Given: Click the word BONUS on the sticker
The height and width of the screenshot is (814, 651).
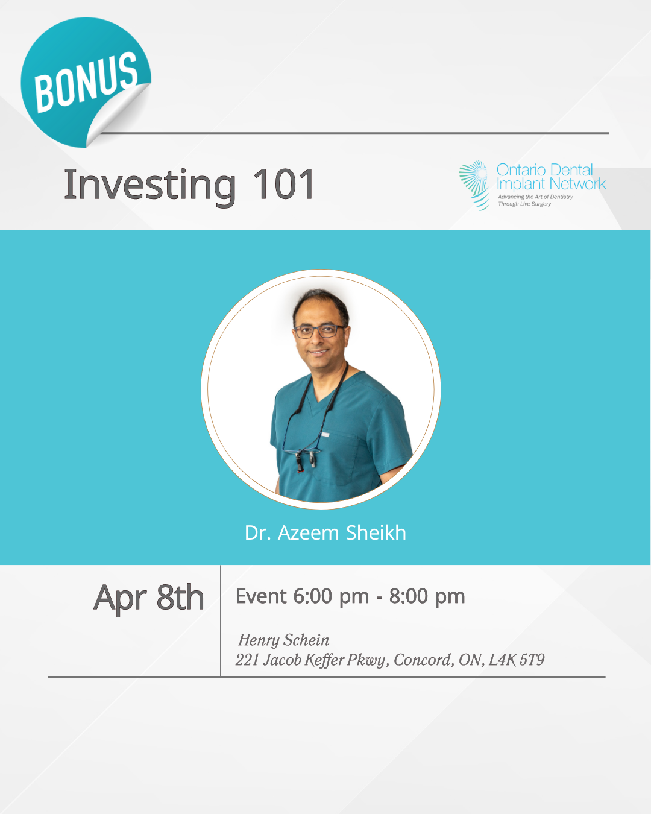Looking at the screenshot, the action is pos(86,82).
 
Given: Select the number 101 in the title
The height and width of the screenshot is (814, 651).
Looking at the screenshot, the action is pos(283,185).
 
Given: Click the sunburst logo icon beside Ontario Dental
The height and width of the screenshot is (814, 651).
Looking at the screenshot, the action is pos(474,185).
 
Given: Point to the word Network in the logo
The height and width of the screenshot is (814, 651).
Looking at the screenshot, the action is pos(578,185).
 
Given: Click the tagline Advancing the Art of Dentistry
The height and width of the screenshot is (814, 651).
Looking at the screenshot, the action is pos(535,197).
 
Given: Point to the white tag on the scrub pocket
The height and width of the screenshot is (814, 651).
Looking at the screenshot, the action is pos(325,435).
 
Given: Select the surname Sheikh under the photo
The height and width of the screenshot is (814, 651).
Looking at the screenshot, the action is pos(376,532).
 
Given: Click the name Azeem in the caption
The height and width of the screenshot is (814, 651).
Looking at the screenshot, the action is pos(308,533).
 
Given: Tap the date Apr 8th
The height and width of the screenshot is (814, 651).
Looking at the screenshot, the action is pos(149,598).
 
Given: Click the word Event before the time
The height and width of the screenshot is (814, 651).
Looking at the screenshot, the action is pos(260,596).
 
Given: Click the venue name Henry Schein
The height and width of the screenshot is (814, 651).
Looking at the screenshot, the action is pos(284,640).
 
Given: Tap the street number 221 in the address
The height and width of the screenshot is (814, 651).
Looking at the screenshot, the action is pos(247,660).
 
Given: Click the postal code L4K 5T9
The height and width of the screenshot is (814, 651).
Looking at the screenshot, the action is pos(517,660).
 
